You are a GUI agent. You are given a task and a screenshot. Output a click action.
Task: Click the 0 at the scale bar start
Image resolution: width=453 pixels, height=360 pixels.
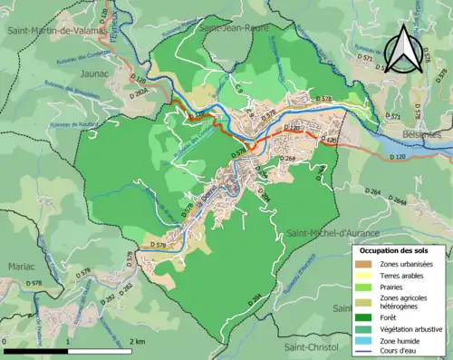coord(5,341)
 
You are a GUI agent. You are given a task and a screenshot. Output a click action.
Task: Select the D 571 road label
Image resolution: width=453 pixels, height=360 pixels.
coord(392,117)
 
